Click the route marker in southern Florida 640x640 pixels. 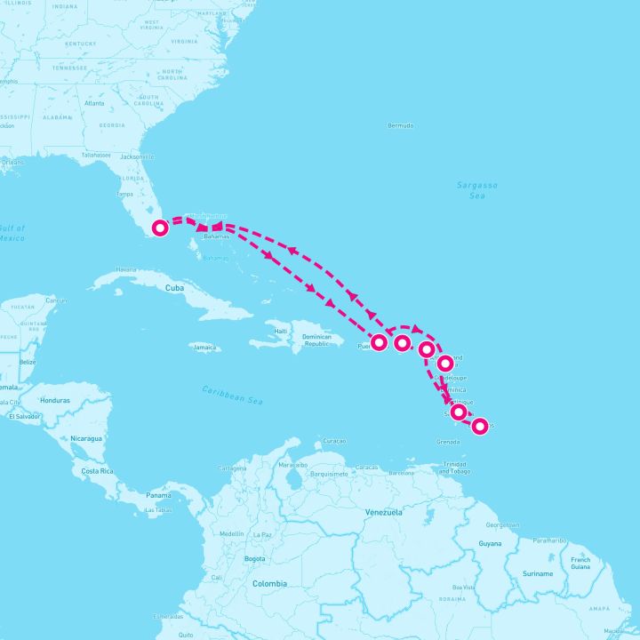(x=160, y=228)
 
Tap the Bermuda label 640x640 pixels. (x=401, y=125)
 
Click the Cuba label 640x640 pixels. (x=173, y=288)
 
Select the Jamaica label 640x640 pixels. (x=205, y=347)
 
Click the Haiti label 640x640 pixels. (x=282, y=332)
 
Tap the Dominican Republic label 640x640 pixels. (x=317, y=340)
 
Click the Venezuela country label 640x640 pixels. (x=384, y=512)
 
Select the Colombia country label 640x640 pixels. (x=269, y=583)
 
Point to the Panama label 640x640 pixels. (x=158, y=494)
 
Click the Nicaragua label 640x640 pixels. (x=87, y=438)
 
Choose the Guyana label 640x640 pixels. (x=490, y=543)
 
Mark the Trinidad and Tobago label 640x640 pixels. (x=454, y=468)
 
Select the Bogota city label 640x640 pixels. (x=254, y=558)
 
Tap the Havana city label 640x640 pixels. (x=126, y=269)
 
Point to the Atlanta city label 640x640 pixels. (x=93, y=103)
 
